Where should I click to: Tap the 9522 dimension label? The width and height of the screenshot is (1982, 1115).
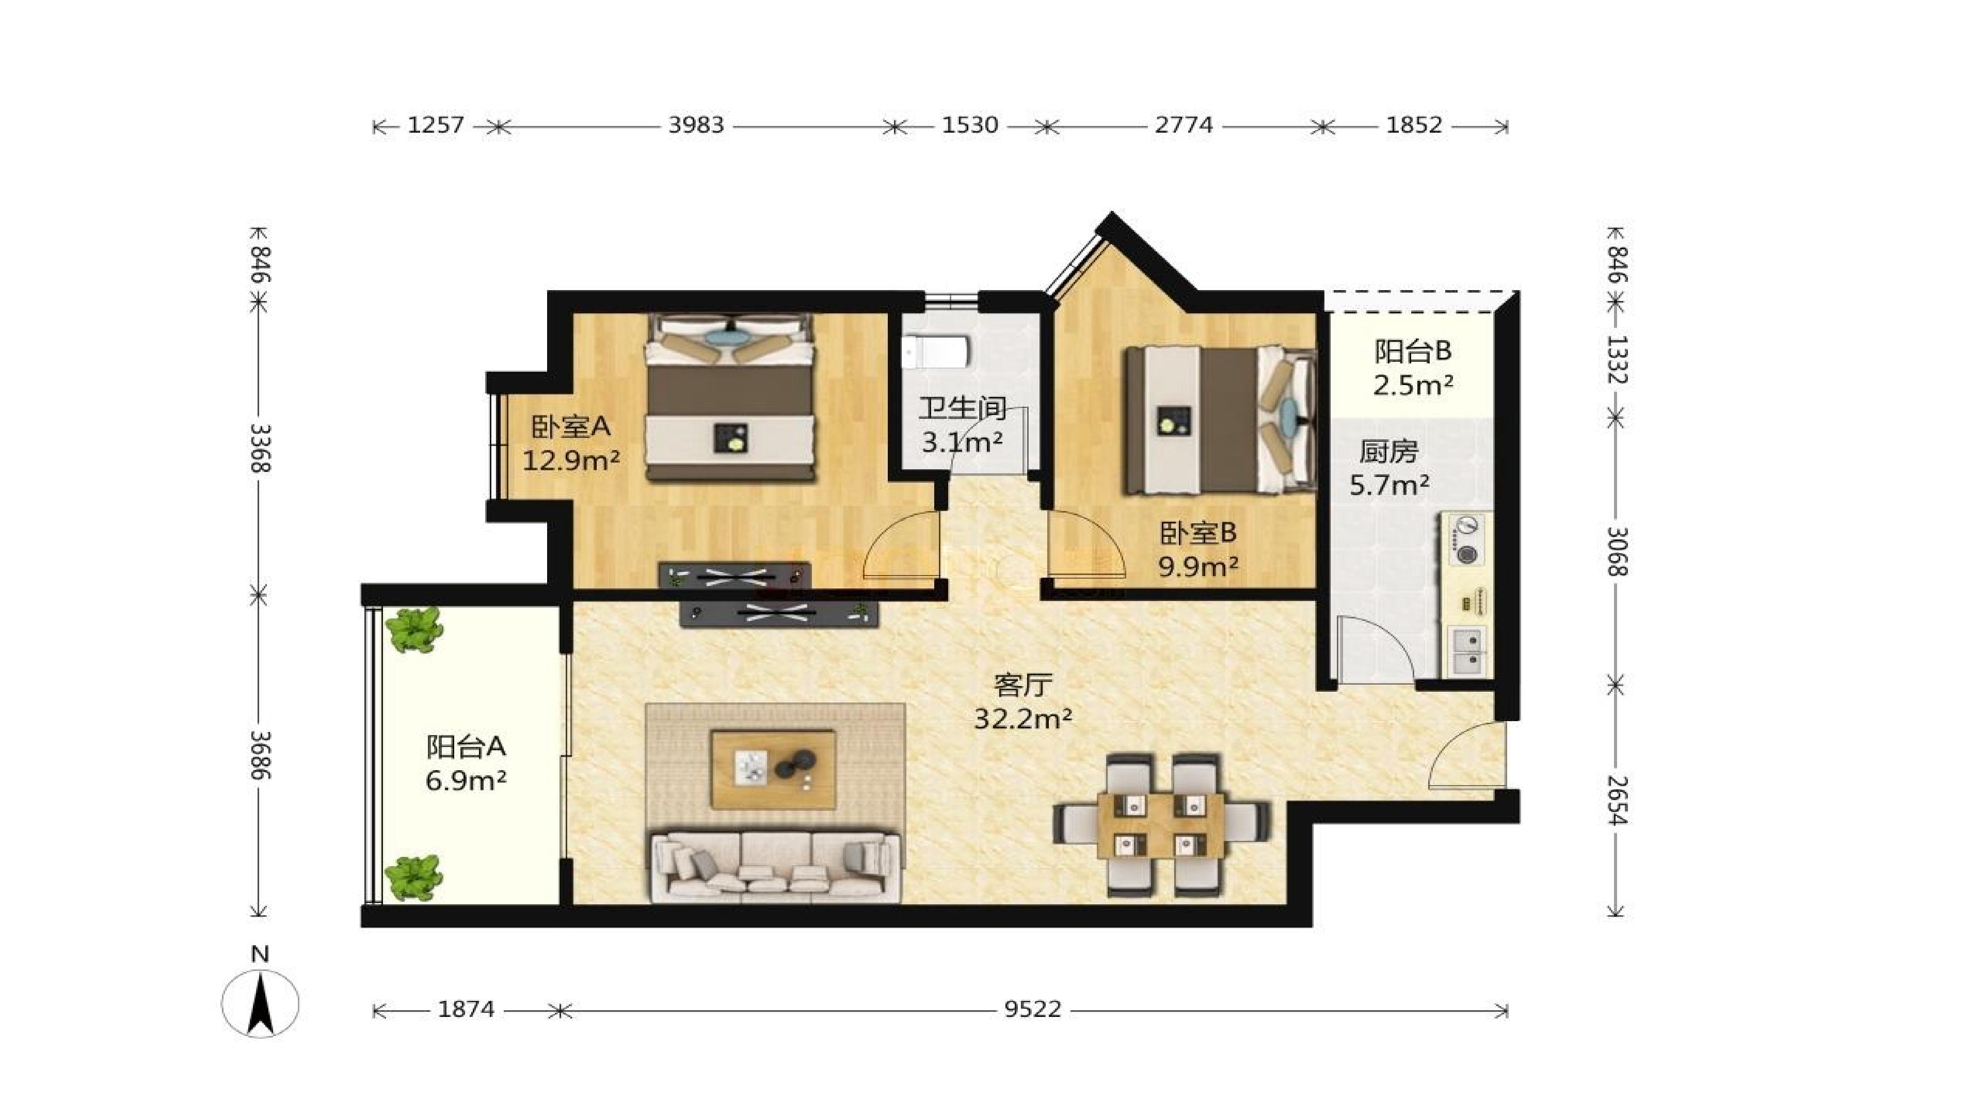pos(1032,1009)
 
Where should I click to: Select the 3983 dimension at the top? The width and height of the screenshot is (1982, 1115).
pos(696,124)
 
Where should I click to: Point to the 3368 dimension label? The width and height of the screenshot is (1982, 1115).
pos(260,448)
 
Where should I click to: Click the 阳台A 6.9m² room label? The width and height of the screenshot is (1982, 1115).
pos(466,763)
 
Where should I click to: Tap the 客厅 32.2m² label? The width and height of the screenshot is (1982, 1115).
pos(1022,701)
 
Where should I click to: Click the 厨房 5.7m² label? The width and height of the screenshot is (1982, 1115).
pos(1389,468)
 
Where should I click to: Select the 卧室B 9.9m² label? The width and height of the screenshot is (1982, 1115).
pos(1198,549)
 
